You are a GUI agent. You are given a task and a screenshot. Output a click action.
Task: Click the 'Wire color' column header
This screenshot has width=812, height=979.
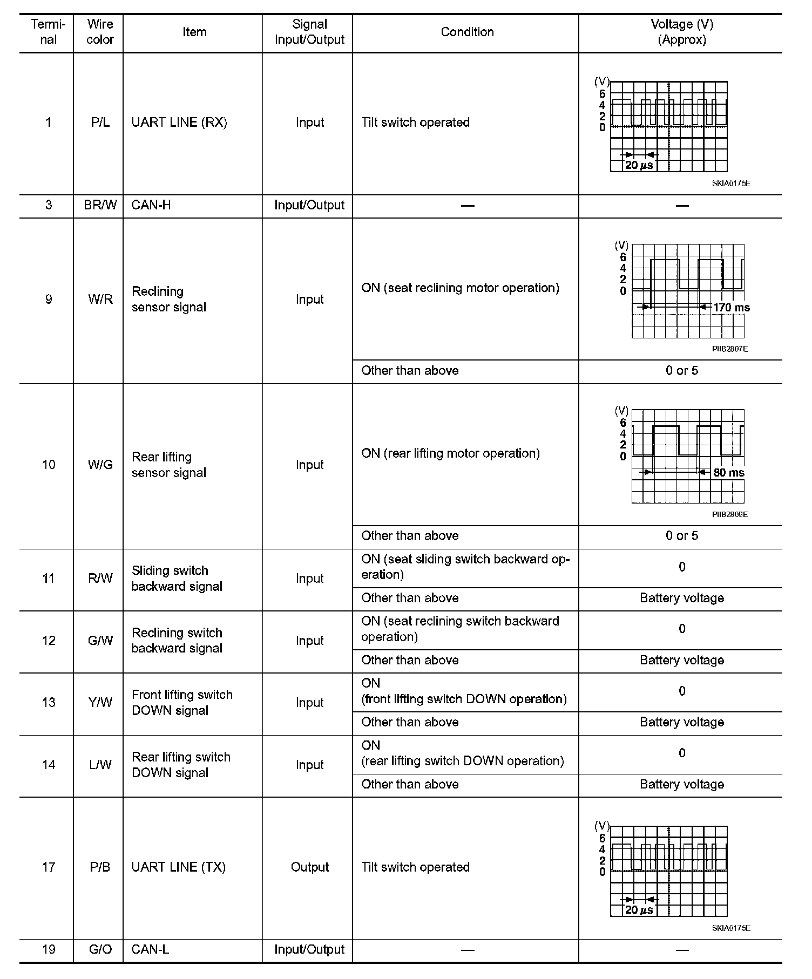(100, 32)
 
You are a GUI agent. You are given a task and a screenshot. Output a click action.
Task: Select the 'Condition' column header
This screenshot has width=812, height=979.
(467, 32)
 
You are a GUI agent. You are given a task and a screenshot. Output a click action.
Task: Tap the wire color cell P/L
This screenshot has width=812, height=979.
(100, 123)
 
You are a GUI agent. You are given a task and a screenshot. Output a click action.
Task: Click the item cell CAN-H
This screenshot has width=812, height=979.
(151, 205)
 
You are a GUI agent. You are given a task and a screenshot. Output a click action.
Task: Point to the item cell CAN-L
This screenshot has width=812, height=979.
(151, 949)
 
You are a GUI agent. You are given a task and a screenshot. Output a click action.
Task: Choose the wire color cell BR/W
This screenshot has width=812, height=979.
(100, 205)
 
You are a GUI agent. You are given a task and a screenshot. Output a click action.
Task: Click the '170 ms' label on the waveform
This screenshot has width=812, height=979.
(732, 308)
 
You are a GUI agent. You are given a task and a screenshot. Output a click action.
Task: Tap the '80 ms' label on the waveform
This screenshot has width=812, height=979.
(729, 473)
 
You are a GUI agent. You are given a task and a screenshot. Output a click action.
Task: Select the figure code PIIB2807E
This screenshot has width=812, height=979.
(729, 349)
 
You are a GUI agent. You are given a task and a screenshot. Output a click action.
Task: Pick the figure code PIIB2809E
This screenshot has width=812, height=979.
(729, 514)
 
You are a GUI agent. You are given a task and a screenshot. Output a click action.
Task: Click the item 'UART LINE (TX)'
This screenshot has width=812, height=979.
(179, 867)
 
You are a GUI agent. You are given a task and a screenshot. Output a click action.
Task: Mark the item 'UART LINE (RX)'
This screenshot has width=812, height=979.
(179, 123)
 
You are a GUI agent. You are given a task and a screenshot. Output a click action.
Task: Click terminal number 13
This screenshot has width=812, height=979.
(49, 703)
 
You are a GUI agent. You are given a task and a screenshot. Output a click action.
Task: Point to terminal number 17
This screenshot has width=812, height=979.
(49, 867)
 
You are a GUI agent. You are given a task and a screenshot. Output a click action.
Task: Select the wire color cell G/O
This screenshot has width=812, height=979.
(100, 949)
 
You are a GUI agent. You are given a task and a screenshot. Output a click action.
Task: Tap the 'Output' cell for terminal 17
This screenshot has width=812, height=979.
(309, 867)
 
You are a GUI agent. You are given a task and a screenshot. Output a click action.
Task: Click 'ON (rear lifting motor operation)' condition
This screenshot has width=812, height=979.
(450, 453)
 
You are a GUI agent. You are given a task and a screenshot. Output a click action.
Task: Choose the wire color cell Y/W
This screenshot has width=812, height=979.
(100, 703)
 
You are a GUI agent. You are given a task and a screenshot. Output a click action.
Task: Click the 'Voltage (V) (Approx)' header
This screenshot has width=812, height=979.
(681, 32)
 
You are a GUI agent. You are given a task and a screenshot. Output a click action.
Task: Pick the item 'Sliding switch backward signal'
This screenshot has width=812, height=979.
(177, 579)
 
